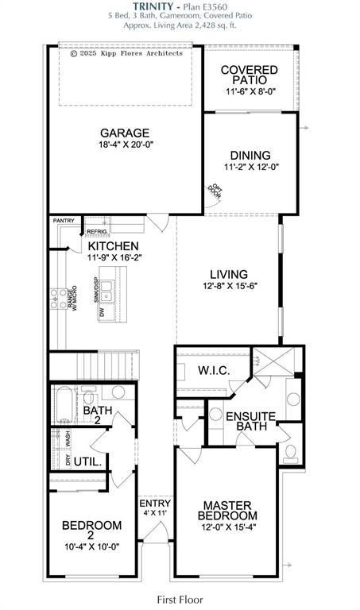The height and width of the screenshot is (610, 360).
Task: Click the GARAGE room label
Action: coord(125,133)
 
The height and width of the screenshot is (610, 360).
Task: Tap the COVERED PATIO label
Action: coord(249,75)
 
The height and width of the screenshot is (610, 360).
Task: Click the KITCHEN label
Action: coord(113,246)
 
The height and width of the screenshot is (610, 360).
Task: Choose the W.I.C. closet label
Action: coord(214,370)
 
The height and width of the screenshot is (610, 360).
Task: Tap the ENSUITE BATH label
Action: coord(250,421)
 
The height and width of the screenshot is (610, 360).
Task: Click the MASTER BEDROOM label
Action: coord(226,510)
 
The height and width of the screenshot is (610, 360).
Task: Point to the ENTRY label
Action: coord(154,504)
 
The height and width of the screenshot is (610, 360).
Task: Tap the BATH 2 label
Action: coord(98,415)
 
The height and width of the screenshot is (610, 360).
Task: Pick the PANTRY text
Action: coord(64,221)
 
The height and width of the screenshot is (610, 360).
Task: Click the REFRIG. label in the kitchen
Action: coord(97,231)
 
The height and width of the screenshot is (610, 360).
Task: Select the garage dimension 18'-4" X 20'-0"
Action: coord(125,146)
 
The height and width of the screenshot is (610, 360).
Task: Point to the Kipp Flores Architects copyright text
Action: coord(126,53)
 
